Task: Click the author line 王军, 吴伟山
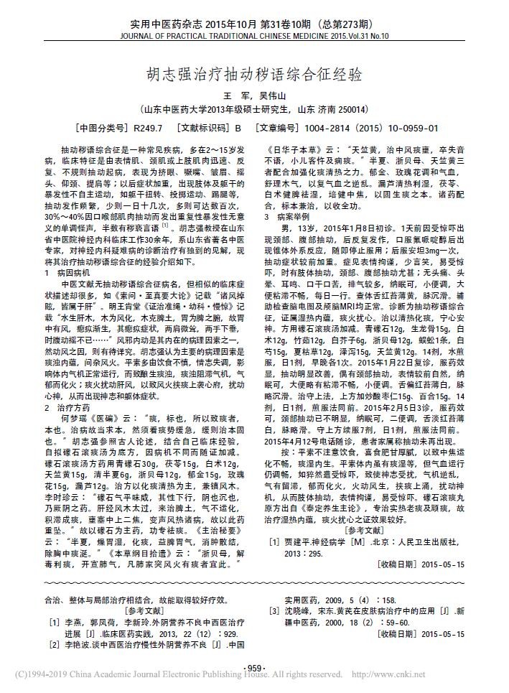point(255,96)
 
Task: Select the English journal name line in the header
point(255,34)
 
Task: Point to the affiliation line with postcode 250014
point(255,110)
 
